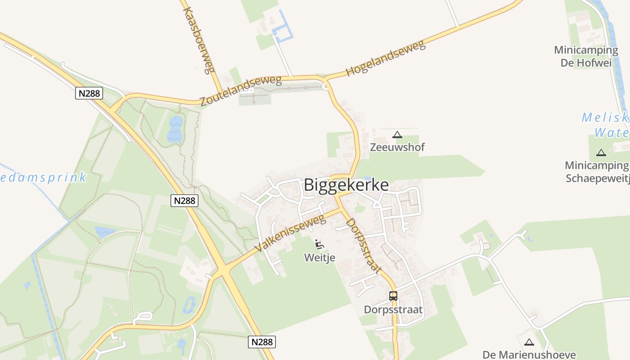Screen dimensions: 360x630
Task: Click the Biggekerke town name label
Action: (346, 185)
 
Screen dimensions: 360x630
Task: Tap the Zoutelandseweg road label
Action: (241, 91)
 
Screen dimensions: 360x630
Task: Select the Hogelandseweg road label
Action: (385, 58)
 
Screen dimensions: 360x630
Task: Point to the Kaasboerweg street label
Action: (198, 40)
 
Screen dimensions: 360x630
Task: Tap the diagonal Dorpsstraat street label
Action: (364, 246)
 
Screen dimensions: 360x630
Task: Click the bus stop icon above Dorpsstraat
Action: (393, 296)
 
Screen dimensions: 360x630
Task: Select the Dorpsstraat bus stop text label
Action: (393, 310)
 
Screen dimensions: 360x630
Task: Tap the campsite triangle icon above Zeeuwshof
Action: (397, 135)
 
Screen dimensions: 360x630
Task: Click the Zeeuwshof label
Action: (397, 147)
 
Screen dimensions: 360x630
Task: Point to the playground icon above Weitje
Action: (320, 244)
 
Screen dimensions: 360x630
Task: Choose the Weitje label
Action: (320, 257)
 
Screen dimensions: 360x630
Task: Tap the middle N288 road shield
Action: (184, 200)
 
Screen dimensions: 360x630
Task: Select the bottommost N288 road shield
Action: (261, 342)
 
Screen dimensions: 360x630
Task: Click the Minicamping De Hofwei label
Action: (586, 56)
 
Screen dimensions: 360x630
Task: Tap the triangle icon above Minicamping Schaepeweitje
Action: (601, 153)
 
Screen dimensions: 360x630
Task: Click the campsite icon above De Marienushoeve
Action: (529, 342)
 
